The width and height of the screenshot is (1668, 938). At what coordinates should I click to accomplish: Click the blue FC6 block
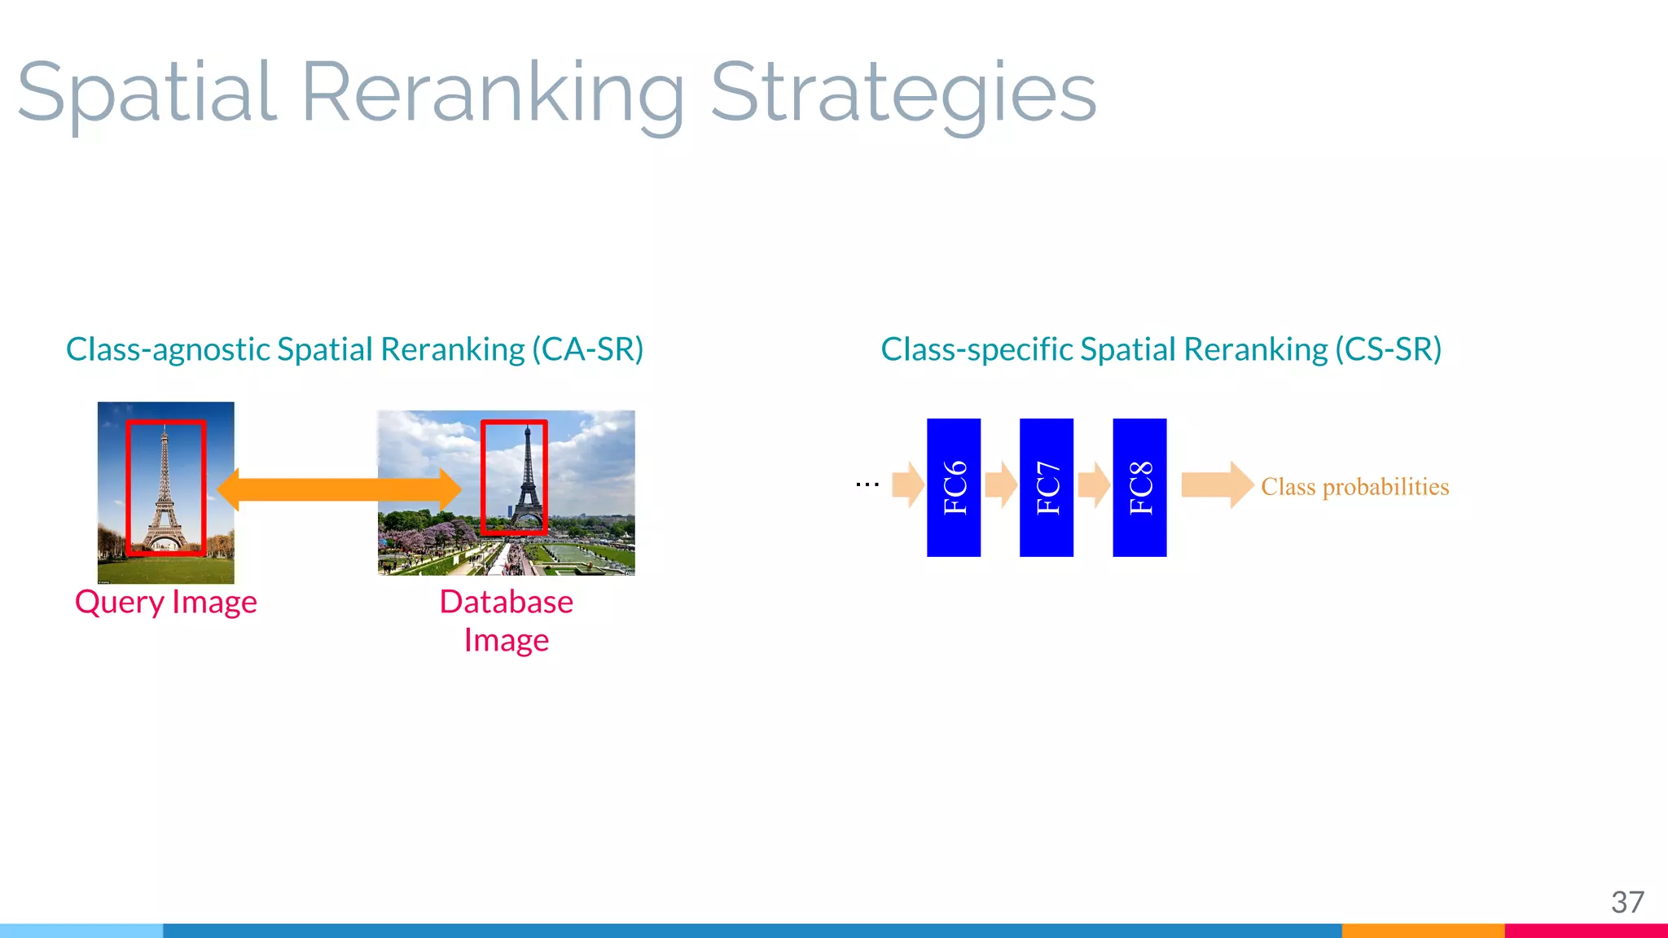click(954, 488)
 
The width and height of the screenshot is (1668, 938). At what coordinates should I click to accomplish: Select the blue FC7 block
click(1047, 488)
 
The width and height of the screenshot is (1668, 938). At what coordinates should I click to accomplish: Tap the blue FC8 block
click(1139, 488)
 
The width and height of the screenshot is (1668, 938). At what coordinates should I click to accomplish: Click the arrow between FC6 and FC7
click(1001, 485)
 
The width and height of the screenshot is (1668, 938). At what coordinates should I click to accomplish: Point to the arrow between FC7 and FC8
click(1094, 485)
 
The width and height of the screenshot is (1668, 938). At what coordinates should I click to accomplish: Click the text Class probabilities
click(1354, 487)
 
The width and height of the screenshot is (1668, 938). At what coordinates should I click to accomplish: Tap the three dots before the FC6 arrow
click(867, 484)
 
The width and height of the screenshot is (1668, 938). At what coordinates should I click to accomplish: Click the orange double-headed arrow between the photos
click(339, 489)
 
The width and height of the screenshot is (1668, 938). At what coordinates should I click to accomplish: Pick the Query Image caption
click(166, 603)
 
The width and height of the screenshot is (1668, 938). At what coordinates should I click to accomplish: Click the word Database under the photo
click(506, 602)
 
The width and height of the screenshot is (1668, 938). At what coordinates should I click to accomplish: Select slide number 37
click(1627, 902)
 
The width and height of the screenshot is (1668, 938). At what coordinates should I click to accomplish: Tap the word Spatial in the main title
click(147, 94)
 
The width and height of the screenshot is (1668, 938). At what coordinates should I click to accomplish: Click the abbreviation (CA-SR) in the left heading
click(587, 349)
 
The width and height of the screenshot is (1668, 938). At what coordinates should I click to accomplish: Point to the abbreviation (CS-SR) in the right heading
click(1388, 349)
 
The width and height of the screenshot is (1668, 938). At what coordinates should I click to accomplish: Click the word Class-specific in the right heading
click(977, 349)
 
